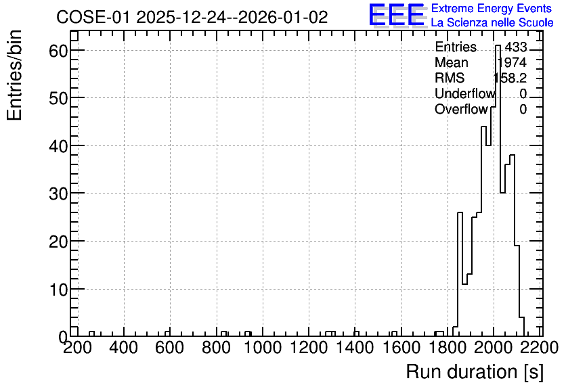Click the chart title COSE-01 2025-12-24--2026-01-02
click(x=192, y=17)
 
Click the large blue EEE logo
click(x=397, y=15)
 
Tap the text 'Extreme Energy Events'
click(x=492, y=8)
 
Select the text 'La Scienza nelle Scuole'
click(x=492, y=23)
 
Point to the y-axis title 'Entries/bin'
click(x=15, y=75)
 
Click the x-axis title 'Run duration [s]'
click(x=475, y=371)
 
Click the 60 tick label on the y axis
click(x=58, y=50)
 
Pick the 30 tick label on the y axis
click(x=58, y=193)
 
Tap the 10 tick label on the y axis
click(x=58, y=289)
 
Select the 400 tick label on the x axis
click(x=124, y=348)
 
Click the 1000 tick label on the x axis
click(x=262, y=348)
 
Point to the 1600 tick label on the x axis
click(x=401, y=348)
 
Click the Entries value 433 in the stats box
click(x=516, y=47)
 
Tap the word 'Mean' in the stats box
click(x=451, y=62)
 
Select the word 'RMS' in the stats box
click(x=450, y=78)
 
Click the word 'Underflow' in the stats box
click(x=465, y=93)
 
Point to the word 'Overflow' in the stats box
click(x=461, y=109)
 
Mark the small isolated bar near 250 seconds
click(x=91, y=334)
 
